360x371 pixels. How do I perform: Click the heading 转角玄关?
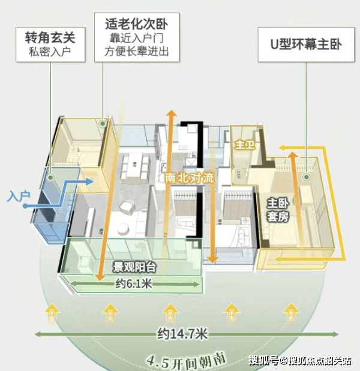click(x=50, y=37)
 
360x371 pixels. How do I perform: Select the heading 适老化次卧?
click(x=136, y=25)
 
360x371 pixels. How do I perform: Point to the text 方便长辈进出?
click(x=136, y=52)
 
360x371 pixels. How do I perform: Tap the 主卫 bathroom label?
click(x=243, y=144)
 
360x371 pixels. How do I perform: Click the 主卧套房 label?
click(x=278, y=210)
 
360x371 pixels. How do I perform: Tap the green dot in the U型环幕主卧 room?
click(x=307, y=177)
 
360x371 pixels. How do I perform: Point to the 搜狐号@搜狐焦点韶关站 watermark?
click(x=300, y=360)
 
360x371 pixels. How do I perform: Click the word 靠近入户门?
click(x=136, y=39)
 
